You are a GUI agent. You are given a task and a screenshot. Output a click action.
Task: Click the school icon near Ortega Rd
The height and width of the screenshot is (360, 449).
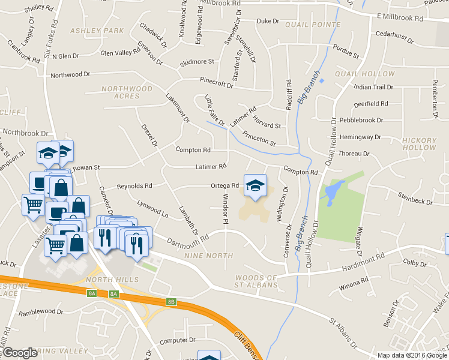coord(255,185)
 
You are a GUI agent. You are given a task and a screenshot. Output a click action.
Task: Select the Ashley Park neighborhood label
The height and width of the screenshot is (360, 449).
coord(88,30)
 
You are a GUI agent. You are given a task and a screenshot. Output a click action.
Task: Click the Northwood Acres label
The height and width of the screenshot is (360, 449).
coord(127,92)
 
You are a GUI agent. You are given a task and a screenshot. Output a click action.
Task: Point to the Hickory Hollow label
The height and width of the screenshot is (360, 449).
coord(420,143)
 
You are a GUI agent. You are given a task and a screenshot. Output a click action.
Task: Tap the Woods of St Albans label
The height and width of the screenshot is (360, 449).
coord(258,281)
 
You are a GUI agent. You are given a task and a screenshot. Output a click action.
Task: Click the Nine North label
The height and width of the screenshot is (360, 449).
coord(209,256)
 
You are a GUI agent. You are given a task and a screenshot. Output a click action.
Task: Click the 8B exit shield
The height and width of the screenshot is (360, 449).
coord(172,302)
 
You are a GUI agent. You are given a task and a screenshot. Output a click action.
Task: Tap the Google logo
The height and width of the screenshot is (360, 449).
coord(21,353)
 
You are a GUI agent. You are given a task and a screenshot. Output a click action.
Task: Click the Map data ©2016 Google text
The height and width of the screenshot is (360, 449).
coord(411,355)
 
